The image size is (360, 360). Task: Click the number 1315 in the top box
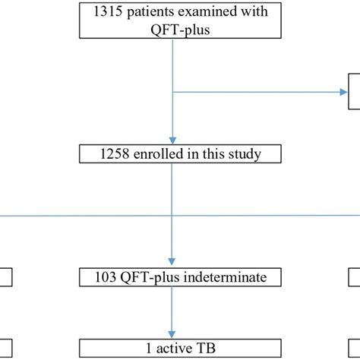tap(104, 12)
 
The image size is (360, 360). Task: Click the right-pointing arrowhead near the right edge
tap(343, 93)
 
